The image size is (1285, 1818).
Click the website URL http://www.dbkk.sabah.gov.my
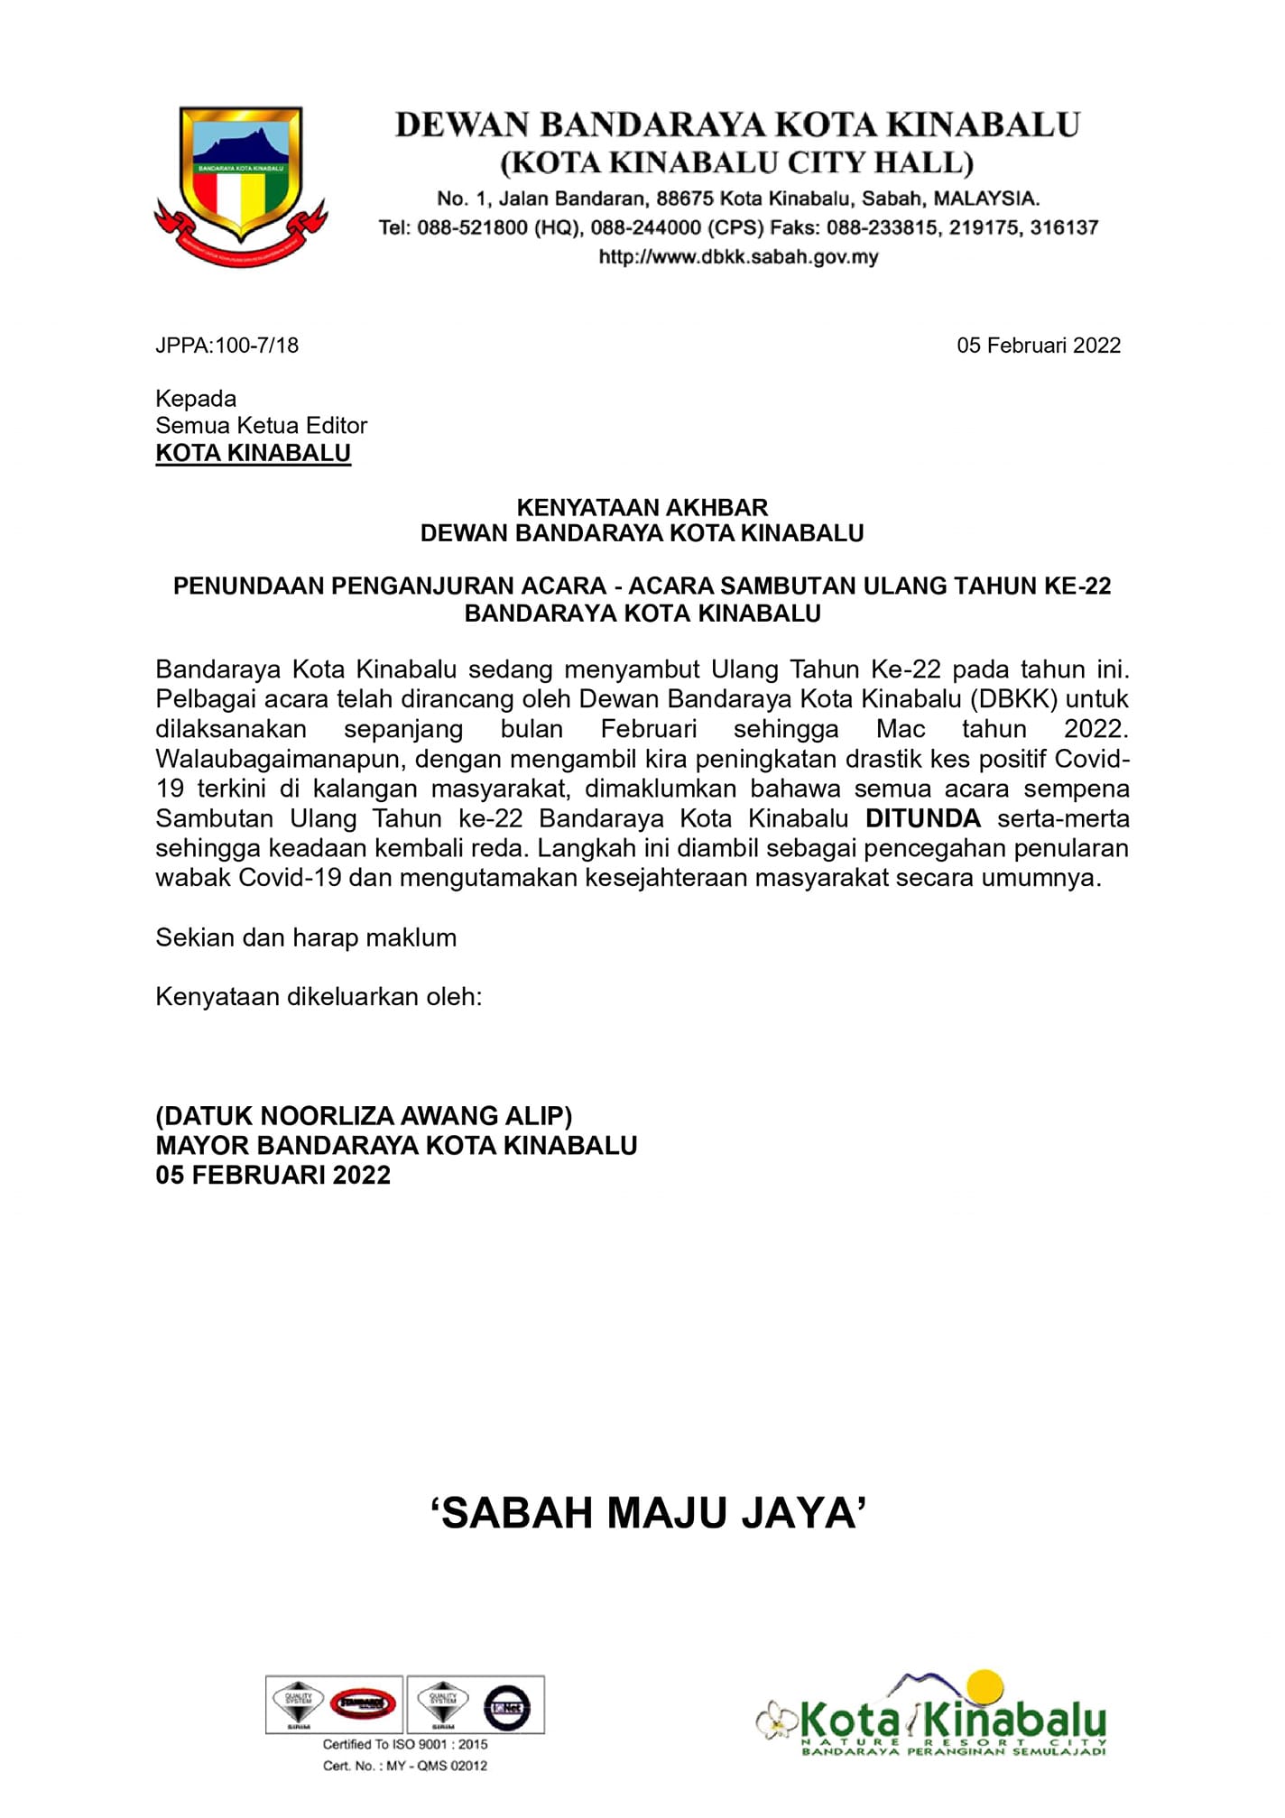(738, 257)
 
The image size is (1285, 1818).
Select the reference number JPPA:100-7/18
(226, 346)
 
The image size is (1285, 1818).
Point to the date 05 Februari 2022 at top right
(1038, 346)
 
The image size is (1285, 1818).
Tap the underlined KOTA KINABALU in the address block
(253, 453)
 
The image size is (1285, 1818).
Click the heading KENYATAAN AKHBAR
(642, 507)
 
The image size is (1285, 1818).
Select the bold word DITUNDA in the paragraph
(922, 818)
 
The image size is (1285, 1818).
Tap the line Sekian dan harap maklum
(306, 937)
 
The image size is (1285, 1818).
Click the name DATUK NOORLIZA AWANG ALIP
(364, 1116)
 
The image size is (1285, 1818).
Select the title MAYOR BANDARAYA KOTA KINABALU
(396, 1146)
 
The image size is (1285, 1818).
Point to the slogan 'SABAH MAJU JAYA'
(648, 1513)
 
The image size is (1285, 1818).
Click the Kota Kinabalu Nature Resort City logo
(934, 1717)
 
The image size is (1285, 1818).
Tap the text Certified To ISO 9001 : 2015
(405, 1744)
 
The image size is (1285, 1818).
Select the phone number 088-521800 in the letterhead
(472, 227)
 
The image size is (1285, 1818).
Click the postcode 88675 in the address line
(685, 198)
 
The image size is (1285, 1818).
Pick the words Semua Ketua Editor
(261, 426)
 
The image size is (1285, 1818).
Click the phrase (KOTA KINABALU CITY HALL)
(736, 163)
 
